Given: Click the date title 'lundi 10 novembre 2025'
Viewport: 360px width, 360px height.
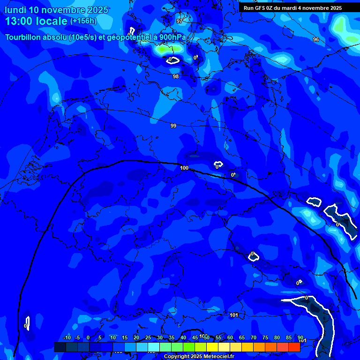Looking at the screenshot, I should tap(56, 10).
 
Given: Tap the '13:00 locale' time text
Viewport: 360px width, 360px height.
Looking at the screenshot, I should tap(36, 21).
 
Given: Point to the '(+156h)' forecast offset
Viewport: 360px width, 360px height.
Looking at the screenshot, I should tap(83, 21).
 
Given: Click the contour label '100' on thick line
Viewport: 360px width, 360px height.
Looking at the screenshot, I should tap(184, 168).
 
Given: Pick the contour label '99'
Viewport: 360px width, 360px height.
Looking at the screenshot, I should tap(173, 126).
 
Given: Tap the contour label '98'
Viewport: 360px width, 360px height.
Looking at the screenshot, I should tap(176, 76).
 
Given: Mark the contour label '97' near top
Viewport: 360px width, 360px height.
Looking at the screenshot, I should tap(180, 21).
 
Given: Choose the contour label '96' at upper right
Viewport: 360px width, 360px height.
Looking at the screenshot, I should tap(316, 39).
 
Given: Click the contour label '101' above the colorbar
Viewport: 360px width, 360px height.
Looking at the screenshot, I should tap(234, 315).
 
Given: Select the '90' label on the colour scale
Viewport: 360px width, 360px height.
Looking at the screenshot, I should tap(300, 337).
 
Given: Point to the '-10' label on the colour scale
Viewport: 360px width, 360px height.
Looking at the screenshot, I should tap(67, 337).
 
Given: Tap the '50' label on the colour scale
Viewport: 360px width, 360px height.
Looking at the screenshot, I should tap(206, 337).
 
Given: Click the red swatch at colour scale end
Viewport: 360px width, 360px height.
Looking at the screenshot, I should tap(294, 347).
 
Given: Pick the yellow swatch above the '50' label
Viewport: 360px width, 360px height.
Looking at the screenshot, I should tap(212, 347).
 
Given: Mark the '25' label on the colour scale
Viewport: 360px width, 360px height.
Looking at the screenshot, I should tap(148, 337).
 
